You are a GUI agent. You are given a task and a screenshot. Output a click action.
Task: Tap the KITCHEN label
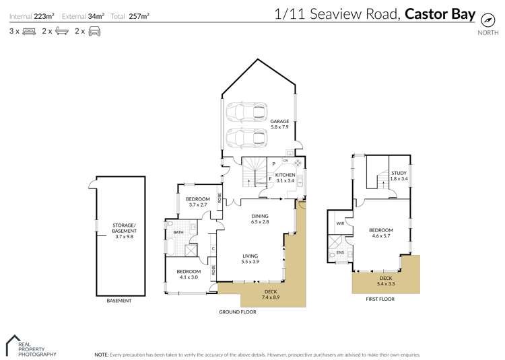pyautogui.click(x=285, y=175)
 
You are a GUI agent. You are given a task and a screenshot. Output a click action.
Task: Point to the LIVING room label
pyautogui.click(x=251, y=255)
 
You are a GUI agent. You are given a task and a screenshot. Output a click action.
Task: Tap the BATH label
pyautogui.click(x=178, y=233)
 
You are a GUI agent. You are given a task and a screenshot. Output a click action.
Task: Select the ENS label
pyautogui.click(x=340, y=254)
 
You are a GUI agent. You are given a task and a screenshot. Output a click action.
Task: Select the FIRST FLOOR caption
pyautogui.click(x=381, y=298)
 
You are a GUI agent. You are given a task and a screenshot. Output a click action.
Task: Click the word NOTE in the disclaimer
pyautogui.click(x=101, y=354)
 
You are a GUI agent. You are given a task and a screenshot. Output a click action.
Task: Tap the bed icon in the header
pyautogui.click(x=29, y=32)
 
